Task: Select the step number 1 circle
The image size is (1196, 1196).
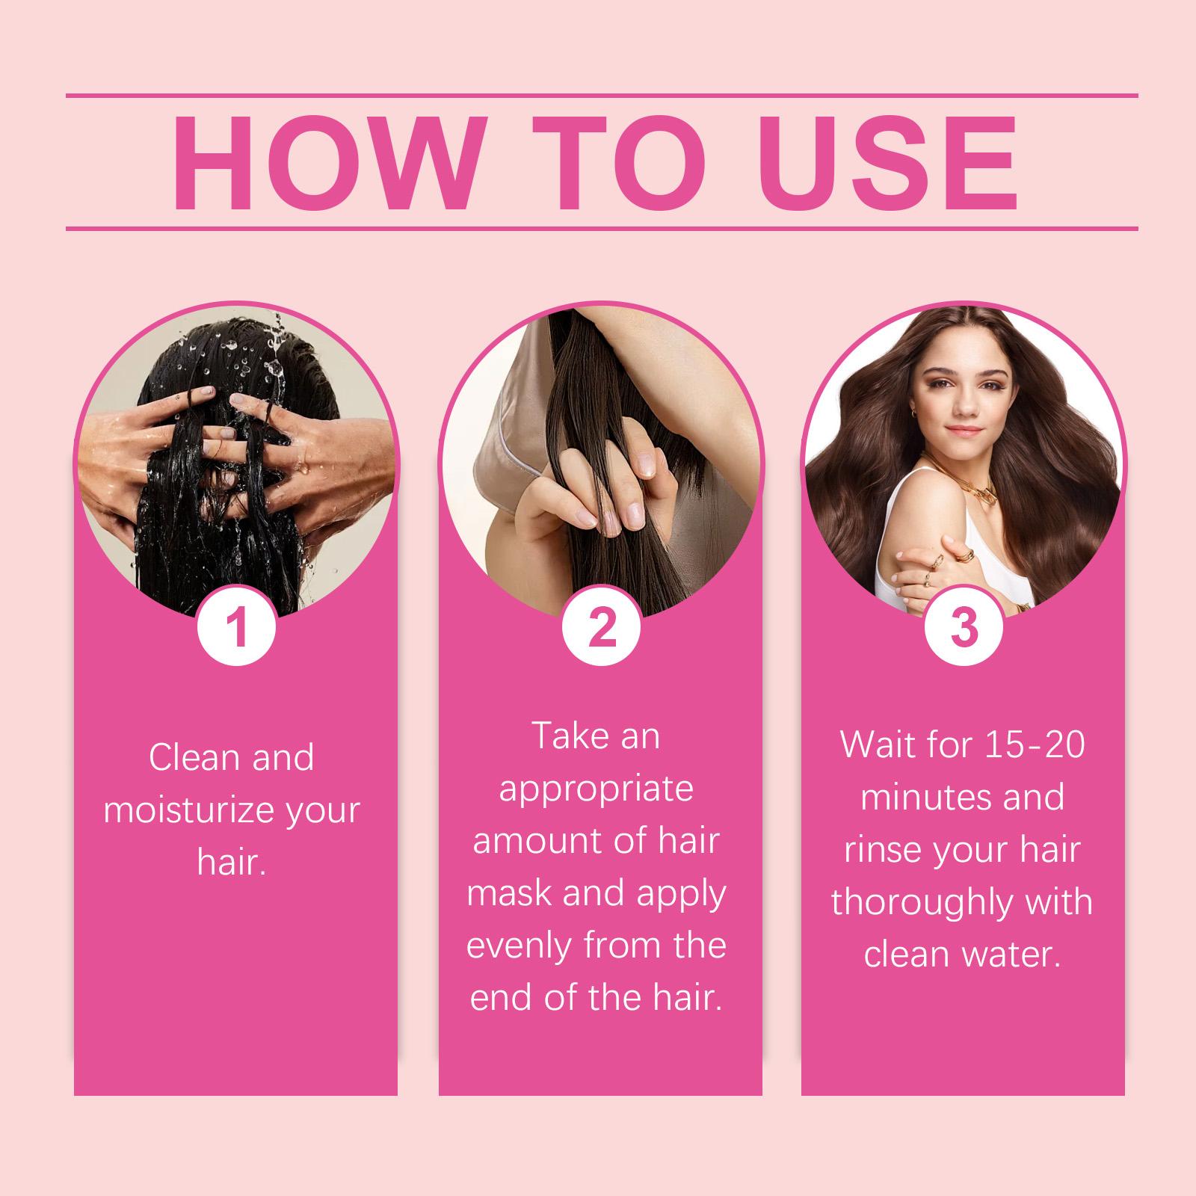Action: click(237, 628)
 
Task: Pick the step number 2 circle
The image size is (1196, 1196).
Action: click(601, 628)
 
